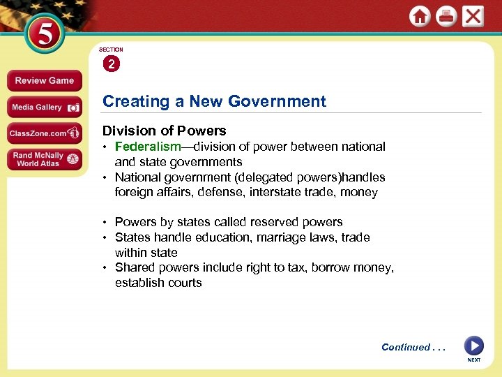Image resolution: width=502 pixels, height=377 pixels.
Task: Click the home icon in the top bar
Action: coord(420,17)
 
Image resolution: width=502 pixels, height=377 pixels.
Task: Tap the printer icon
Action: coord(446,17)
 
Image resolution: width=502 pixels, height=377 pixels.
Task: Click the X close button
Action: coord(473,16)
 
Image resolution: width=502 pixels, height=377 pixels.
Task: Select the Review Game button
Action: coord(45,81)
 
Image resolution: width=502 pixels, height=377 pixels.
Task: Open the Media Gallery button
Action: coord(45,108)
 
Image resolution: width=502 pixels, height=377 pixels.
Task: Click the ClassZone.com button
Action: coord(45,133)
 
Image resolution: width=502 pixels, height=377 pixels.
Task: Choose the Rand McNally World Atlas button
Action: coord(45,159)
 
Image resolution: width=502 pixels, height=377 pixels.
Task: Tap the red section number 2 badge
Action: coord(111,64)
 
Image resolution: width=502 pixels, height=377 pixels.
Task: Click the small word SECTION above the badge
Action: coord(111,50)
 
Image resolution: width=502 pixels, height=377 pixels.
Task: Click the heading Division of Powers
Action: coord(165,131)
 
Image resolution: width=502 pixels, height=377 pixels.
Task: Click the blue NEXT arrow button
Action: coord(473,346)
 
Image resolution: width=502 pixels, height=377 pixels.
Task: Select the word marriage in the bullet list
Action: coord(285,237)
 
